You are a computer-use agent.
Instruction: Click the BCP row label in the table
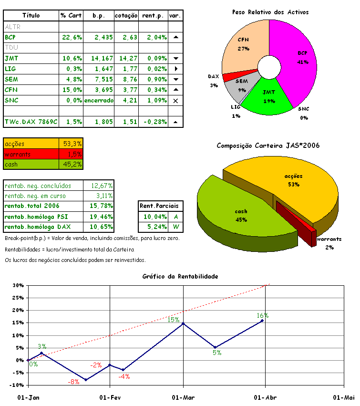tap(10, 37)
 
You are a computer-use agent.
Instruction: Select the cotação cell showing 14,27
tap(126, 58)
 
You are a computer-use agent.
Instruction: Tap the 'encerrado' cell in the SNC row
tap(99, 100)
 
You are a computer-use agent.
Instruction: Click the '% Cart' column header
tap(71, 15)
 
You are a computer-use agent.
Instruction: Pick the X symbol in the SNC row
tap(175, 101)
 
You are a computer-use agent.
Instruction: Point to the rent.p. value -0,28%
tap(154, 122)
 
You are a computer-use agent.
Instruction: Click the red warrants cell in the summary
tap(31, 154)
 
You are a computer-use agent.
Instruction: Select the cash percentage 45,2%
tap(72, 165)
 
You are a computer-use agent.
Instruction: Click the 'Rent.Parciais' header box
tap(159, 206)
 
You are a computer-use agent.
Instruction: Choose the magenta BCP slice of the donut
tap(296, 62)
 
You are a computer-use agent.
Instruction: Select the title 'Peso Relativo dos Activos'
tap(270, 11)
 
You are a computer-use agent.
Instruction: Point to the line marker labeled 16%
tap(262, 321)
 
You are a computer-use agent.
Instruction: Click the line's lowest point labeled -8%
tap(85, 380)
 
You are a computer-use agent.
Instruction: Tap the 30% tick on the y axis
tap(18, 285)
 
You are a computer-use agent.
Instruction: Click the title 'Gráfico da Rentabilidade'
tap(180, 276)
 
